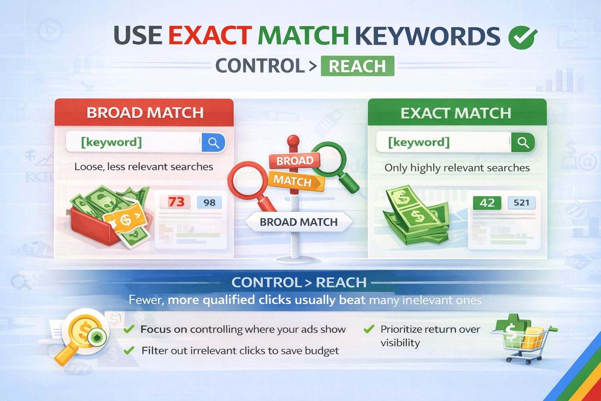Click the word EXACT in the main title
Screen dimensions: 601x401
pos(210,36)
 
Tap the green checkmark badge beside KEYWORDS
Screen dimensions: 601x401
pos(522,38)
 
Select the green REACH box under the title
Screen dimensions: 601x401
pos(357,66)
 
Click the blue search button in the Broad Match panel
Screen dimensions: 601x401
pos(214,143)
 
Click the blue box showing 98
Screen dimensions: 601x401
pos(209,202)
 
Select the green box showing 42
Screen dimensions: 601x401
pos(487,203)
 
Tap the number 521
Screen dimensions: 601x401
pos(521,202)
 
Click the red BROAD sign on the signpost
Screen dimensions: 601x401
pos(295,161)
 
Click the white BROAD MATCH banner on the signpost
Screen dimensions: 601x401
pos(299,222)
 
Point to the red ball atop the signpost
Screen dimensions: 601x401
pos(293,141)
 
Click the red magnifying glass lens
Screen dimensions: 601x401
pos(248,181)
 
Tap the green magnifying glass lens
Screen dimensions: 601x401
pos(329,159)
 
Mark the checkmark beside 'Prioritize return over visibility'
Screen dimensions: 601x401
pos(369,329)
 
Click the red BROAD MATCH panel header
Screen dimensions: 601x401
pos(144,112)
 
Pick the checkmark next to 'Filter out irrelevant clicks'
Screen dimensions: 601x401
pos(129,350)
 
